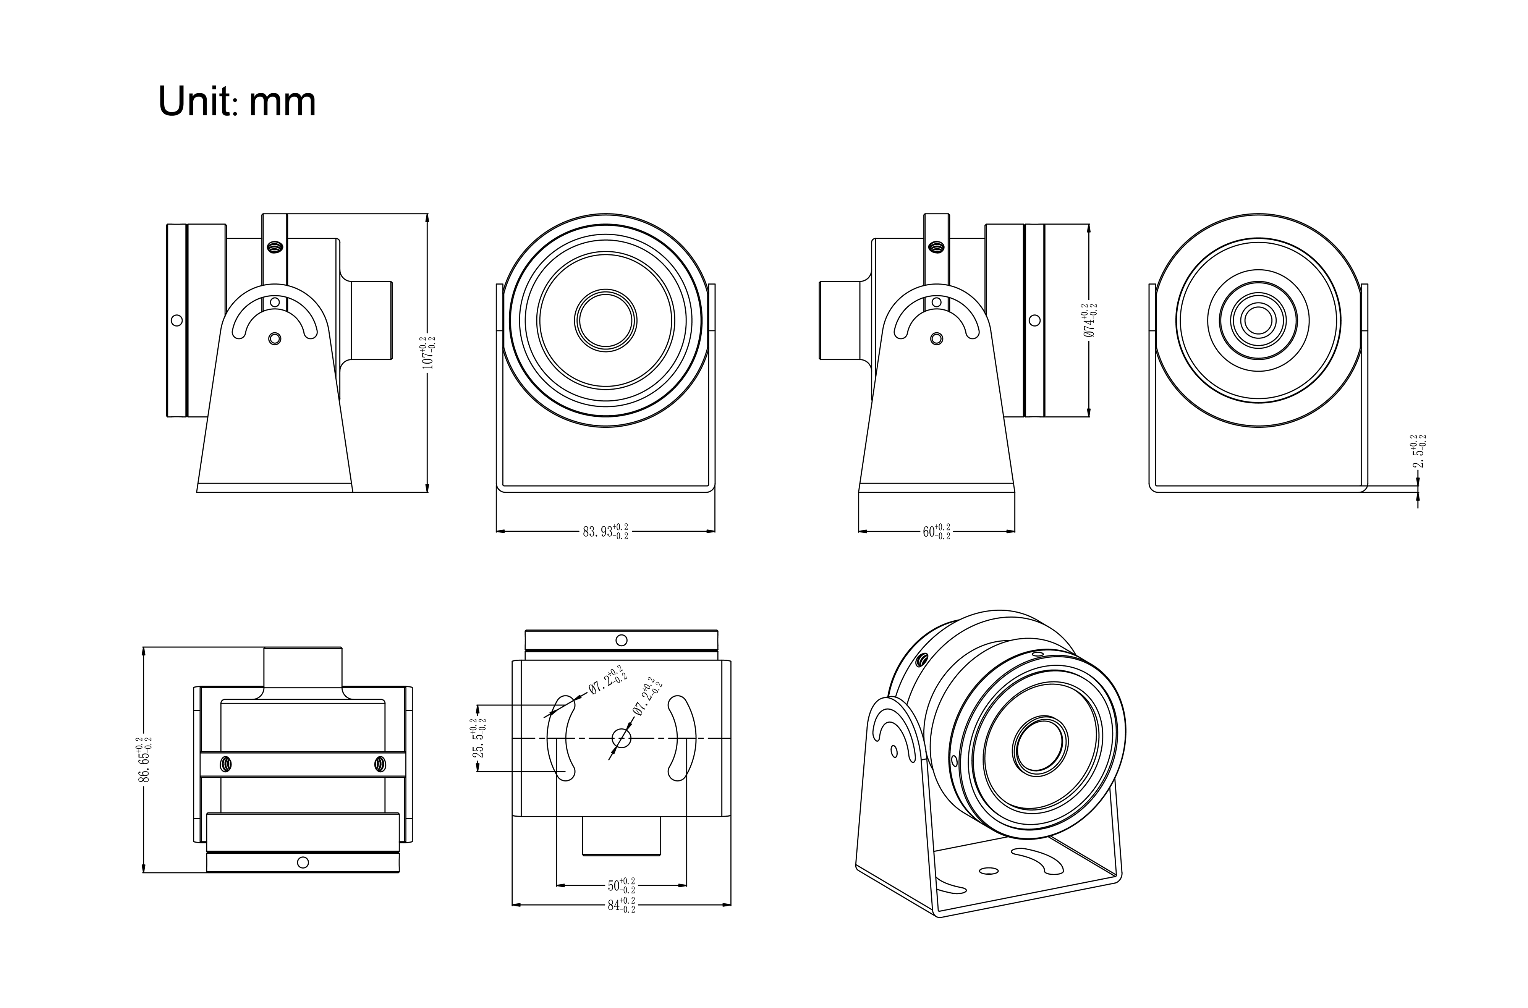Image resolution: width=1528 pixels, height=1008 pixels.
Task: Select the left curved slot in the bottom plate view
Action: coord(560,738)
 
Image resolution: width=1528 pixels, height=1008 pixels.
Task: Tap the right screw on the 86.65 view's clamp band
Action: coord(380,764)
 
